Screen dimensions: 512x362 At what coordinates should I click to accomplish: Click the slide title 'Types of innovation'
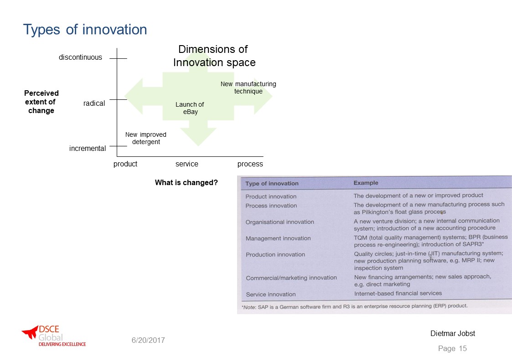[x=85, y=30]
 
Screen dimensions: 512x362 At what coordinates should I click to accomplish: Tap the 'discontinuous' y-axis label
[x=80, y=57]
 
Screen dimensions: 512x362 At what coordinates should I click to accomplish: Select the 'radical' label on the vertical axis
[x=94, y=103]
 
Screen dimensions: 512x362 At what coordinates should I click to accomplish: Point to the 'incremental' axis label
[x=88, y=149]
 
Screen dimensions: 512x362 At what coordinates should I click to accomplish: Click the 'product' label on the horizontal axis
[x=125, y=164]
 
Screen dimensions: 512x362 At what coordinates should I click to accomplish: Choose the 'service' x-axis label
[x=187, y=164]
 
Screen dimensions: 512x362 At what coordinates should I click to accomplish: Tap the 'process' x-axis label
[x=250, y=164]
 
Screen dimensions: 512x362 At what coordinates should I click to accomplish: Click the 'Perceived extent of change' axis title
[x=41, y=102]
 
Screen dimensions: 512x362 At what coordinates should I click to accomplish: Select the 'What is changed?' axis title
[x=186, y=182]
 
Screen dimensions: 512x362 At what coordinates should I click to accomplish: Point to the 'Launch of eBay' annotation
[x=190, y=108]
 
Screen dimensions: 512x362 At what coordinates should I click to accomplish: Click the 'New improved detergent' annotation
[x=146, y=138]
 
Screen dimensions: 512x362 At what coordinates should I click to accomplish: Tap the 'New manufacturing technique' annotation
[x=248, y=88]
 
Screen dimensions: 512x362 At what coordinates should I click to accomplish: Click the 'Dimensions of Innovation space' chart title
[x=214, y=56]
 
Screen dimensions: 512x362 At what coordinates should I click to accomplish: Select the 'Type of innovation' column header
[x=272, y=183]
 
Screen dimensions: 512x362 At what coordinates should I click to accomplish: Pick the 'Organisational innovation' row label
[x=280, y=222]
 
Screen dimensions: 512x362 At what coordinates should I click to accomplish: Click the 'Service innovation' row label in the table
[x=271, y=295]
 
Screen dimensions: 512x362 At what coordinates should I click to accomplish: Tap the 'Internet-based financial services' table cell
[x=398, y=294]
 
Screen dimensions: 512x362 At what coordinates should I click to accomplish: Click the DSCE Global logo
[x=54, y=336]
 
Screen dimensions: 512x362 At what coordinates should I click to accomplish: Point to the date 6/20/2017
[x=148, y=341]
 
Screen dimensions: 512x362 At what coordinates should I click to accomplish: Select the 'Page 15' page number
[x=453, y=349]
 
